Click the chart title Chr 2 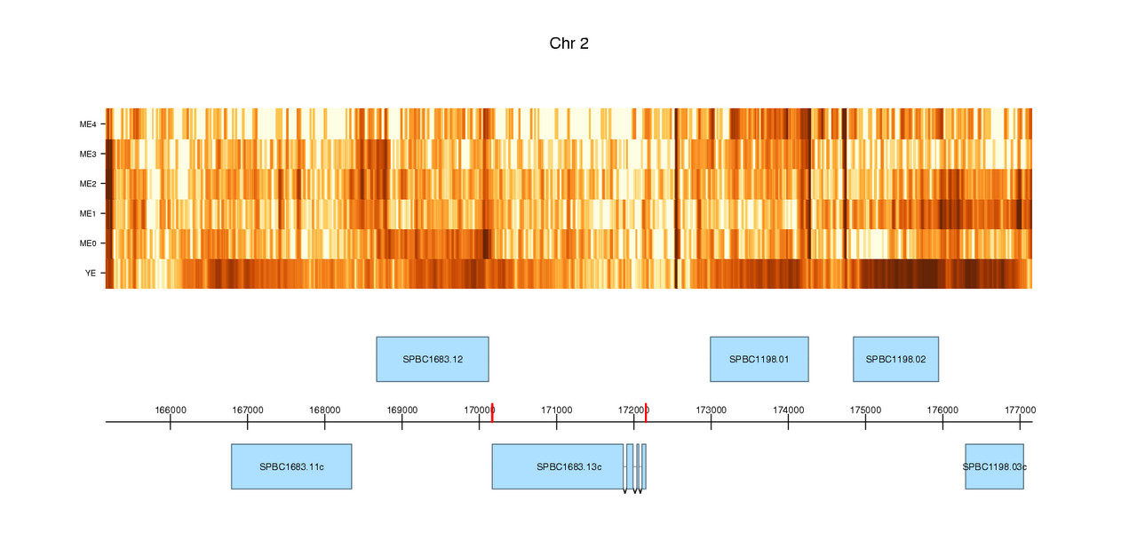coord(568,44)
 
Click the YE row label coord(91,274)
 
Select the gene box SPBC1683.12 coord(433,359)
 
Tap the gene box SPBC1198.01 coord(759,359)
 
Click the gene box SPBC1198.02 coord(895,359)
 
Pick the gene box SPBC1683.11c coord(291,466)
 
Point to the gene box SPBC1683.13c coord(558,466)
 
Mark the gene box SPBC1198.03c coord(994,466)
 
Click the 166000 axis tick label coord(171,410)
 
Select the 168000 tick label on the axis coord(325,410)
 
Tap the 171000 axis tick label coord(556,410)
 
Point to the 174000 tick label coord(788,410)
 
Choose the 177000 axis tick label coord(1020,410)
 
